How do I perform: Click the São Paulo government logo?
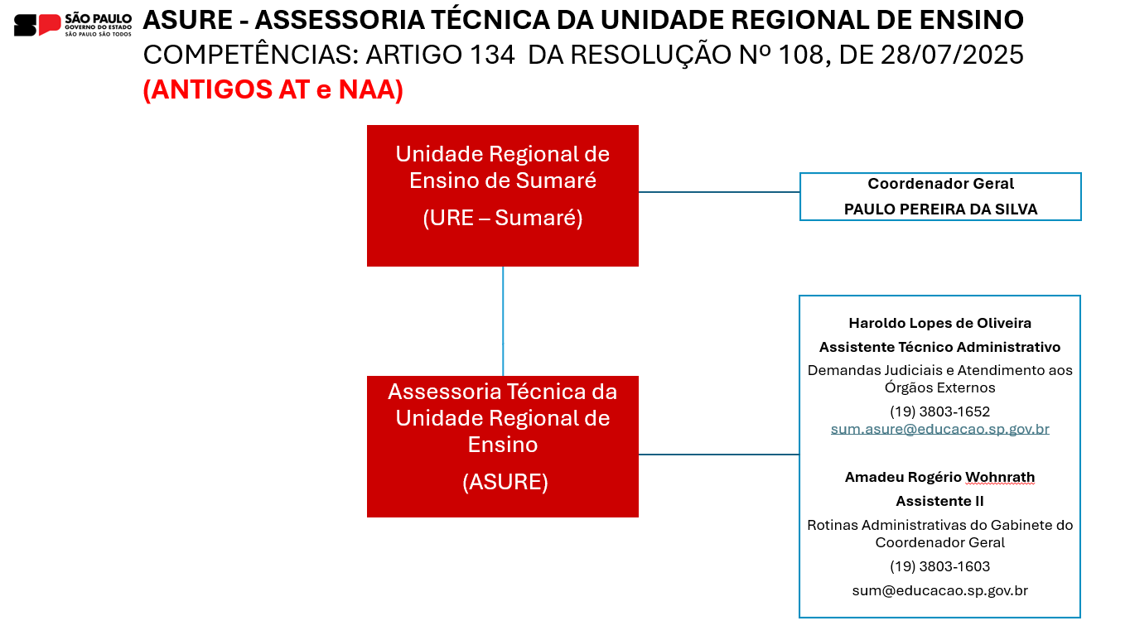(x=73, y=24)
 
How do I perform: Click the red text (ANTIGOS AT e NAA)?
(x=273, y=89)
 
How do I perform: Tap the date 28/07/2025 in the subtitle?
(x=953, y=55)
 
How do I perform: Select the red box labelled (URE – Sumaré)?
(x=502, y=195)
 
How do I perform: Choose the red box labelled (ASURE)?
(x=502, y=446)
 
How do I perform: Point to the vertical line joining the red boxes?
(x=503, y=321)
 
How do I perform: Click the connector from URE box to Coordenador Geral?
(x=719, y=192)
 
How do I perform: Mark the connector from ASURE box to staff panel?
(x=719, y=455)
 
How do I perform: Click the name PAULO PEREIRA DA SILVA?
(x=940, y=209)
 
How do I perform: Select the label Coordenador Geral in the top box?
(x=940, y=184)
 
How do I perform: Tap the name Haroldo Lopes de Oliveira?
(x=939, y=323)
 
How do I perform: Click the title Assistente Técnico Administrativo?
(x=939, y=347)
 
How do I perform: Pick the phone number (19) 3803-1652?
(x=939, y=411)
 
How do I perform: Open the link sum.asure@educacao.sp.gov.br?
(x=939, y=429)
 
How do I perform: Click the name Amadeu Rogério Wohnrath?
(x=939, y=477)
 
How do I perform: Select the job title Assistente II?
(x=939, y=501)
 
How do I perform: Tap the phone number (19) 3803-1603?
(x=939, y=566)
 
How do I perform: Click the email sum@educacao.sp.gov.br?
(x=939, y=590)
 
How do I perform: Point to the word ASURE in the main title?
(x=188, y=20)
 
